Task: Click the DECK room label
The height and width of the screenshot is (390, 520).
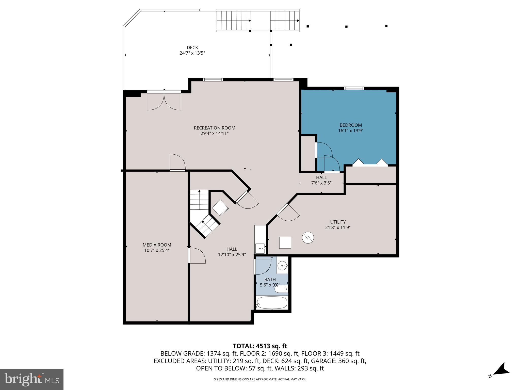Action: click(192, 47)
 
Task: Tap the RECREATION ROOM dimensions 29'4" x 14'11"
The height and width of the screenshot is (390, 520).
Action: click(215, 133)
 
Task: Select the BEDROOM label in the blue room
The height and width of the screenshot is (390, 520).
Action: click(351, 125)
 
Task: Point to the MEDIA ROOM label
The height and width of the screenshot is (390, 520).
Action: click(157, 245)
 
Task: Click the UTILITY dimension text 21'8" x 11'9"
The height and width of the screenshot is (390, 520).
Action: click(338, 227)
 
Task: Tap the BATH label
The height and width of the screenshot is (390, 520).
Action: click(270, 279)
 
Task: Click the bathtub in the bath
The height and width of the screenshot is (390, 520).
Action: click(272, 303)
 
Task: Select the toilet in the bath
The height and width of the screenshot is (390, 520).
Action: click(281, 289)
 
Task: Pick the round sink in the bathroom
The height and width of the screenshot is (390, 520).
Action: click(282, 266)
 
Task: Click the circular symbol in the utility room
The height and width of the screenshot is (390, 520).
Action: click(308, 238)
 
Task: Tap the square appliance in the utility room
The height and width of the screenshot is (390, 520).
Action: click(285, 242)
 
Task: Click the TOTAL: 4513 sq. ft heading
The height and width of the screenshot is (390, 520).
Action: click(260, 346)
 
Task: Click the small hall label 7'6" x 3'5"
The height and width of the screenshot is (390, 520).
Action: click(321, 183)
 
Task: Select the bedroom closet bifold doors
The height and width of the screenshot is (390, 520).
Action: click(370, 163)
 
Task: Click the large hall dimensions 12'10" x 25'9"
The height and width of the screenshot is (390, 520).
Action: click(232, 255)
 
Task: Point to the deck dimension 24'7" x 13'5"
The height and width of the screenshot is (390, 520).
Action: click(192, 53)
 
